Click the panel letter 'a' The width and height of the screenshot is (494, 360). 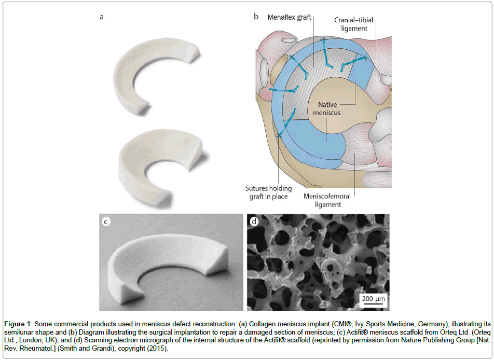click(102, 17)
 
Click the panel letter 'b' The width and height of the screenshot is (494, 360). click(256, 17)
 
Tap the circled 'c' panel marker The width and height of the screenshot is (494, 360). click(106, 221)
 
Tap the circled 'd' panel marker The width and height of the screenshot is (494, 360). click(254, 222)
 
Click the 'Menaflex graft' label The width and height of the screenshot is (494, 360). click(290, 17)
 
